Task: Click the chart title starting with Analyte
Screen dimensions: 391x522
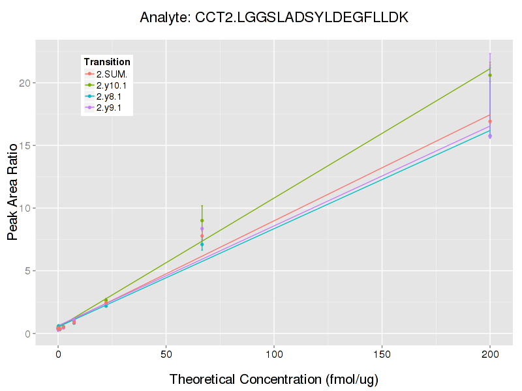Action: tap(274, 18)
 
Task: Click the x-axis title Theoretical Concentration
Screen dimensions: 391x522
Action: tap(274, 379)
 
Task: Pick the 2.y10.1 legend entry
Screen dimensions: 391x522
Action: tap(111, 85)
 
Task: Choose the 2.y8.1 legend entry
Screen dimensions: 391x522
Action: tap(108, 96)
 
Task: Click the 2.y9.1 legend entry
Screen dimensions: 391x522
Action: tap(108, 108)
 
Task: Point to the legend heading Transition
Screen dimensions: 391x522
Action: tap(107, 62)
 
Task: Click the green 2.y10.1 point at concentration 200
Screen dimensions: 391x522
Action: tap(490, 76)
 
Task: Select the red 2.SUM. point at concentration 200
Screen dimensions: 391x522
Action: tap(490, 122)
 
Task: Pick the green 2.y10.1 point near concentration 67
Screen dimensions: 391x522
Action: tap(202, 221)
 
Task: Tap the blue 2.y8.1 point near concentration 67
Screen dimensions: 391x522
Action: tap(202, 244)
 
